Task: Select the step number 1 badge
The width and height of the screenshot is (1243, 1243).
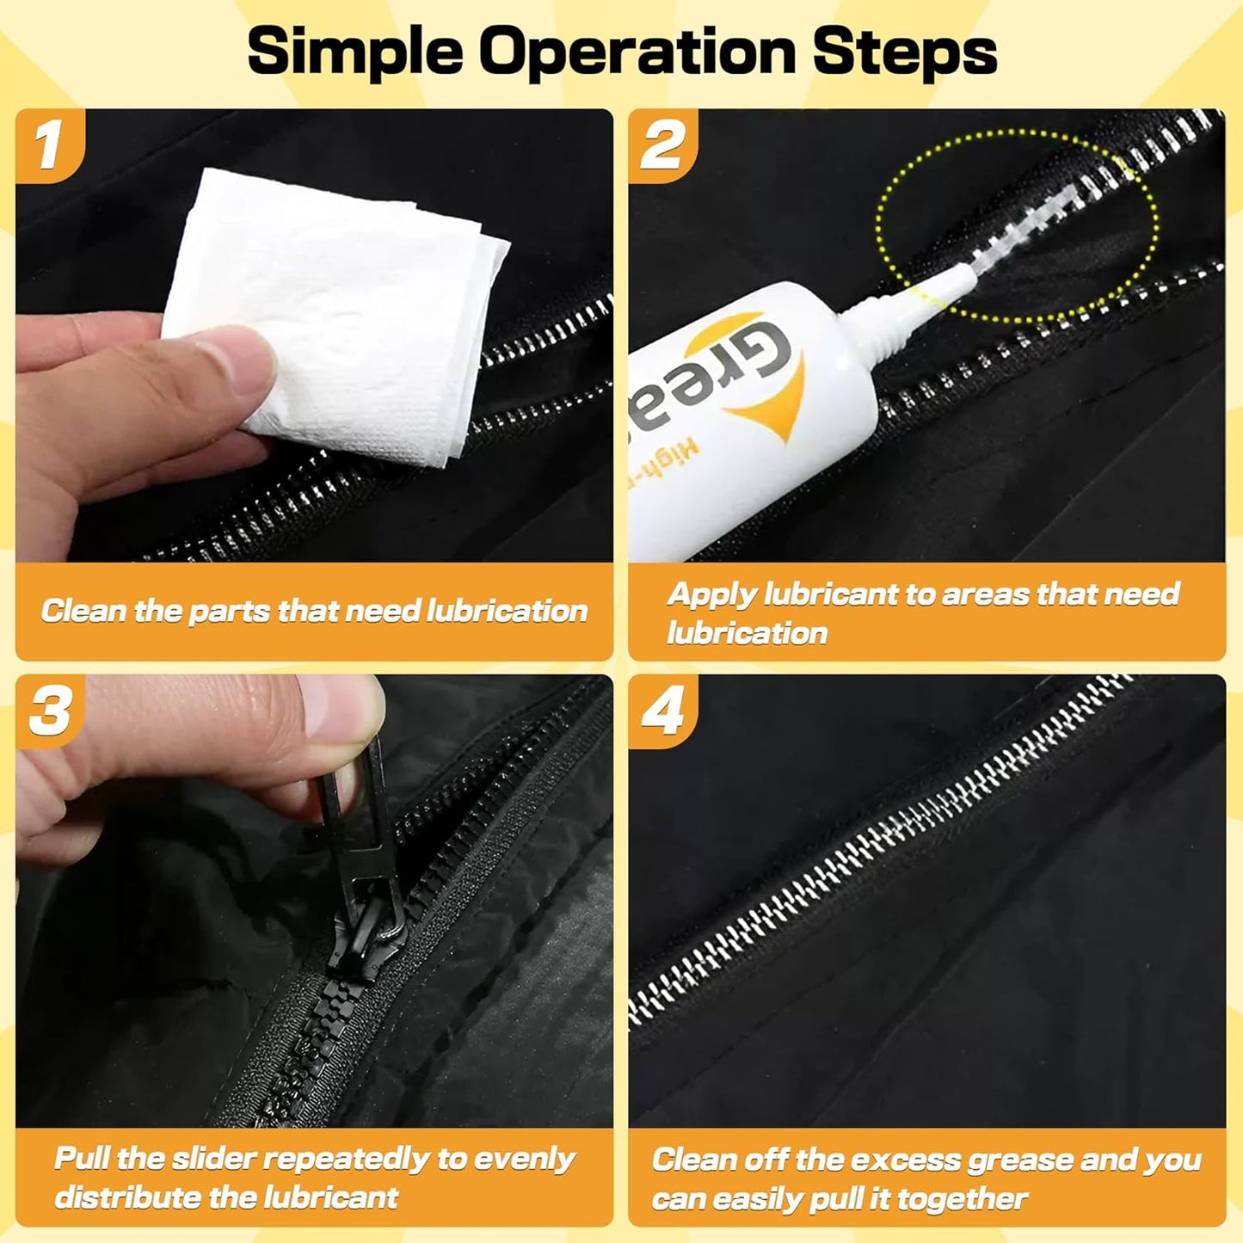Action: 49,145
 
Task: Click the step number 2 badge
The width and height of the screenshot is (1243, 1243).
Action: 661,145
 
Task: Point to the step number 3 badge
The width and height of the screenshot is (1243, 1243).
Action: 49,711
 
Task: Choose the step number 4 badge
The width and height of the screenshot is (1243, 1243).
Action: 661,711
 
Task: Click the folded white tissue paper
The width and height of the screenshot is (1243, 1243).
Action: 335,316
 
